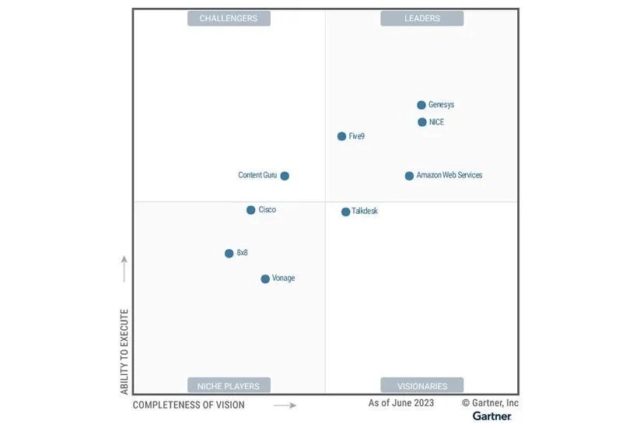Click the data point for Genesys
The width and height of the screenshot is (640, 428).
click(x=421, y=105)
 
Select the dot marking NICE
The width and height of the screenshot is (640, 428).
click(x=422, y=122)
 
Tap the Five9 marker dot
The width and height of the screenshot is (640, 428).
click(x=341, y=136)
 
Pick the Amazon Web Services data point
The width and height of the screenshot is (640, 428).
click(x=409, y=176)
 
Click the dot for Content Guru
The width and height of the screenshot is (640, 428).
click(x=285, y=176)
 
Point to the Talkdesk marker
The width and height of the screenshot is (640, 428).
click(x=346, y=212)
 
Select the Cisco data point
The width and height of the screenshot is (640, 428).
click(x=250, y=210)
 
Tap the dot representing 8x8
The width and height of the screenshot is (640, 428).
click(x=229, y=254)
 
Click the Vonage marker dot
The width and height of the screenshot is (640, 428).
click(x=265, y=279)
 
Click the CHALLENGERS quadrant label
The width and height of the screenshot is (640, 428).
click(x=229, y=19)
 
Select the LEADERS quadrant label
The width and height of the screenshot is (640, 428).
click(x=421, y=19)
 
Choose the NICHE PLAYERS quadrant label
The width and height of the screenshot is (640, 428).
click(x=229, y=386)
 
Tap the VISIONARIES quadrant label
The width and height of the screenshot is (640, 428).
click(x=421, y=386)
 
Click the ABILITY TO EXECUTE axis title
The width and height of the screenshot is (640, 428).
click(x=124, y=352)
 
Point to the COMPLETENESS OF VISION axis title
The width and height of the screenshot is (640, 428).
click(x=188, y=405)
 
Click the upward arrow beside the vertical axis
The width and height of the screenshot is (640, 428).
click(x=124, y=268)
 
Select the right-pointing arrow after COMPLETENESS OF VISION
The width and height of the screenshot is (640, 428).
click(x=285, y=405)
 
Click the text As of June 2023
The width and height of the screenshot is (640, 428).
click(x=401, y=403)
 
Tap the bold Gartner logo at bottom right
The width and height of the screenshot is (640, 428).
click(x=491, y=416)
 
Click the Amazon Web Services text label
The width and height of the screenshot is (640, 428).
click(x=449, y=176)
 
